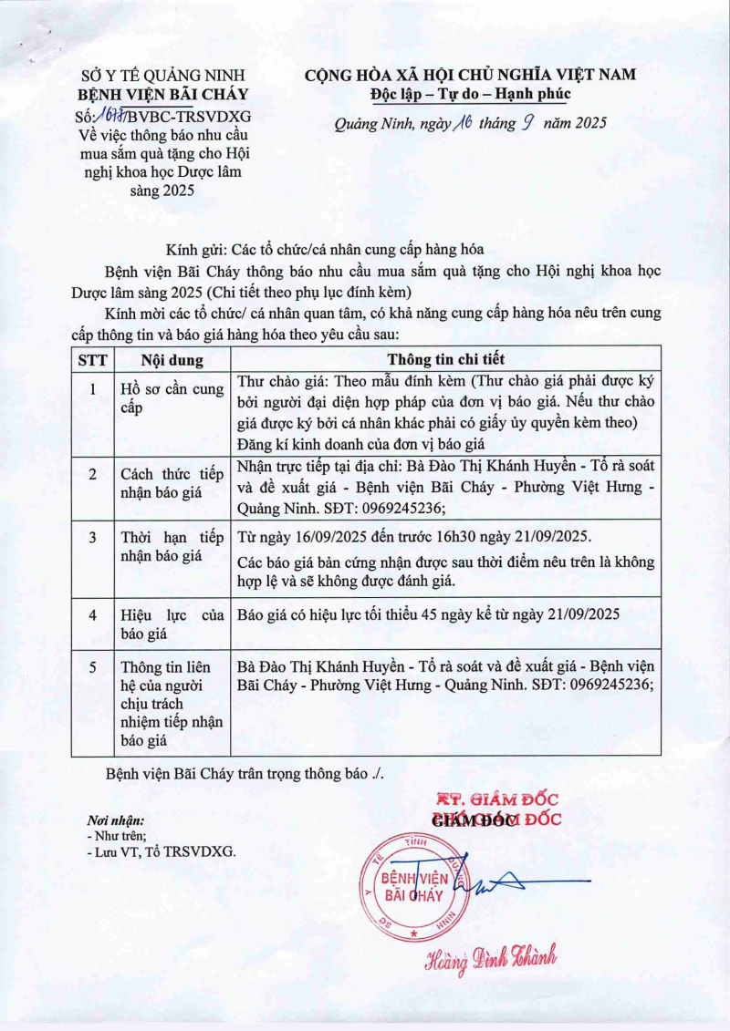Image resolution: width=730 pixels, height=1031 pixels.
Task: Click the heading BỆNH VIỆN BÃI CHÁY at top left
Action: (163, 95)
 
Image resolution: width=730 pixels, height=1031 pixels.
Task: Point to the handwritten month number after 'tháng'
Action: (526, 122)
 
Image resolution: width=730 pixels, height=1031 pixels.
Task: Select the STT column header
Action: (92, 360)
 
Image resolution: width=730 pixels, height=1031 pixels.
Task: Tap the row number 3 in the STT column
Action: (92, 537)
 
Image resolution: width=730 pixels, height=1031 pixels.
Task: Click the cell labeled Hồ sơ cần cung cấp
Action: (172, 398)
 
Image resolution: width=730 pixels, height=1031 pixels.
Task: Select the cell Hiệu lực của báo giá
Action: (172, 624)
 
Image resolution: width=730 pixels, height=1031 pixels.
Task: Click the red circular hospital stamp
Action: (414, 885)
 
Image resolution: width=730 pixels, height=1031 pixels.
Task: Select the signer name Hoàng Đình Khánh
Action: (490, 957)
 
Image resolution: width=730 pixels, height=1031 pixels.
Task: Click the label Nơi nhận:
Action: (115, 820)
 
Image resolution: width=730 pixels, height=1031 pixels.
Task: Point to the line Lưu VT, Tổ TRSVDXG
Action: (162, 851)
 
